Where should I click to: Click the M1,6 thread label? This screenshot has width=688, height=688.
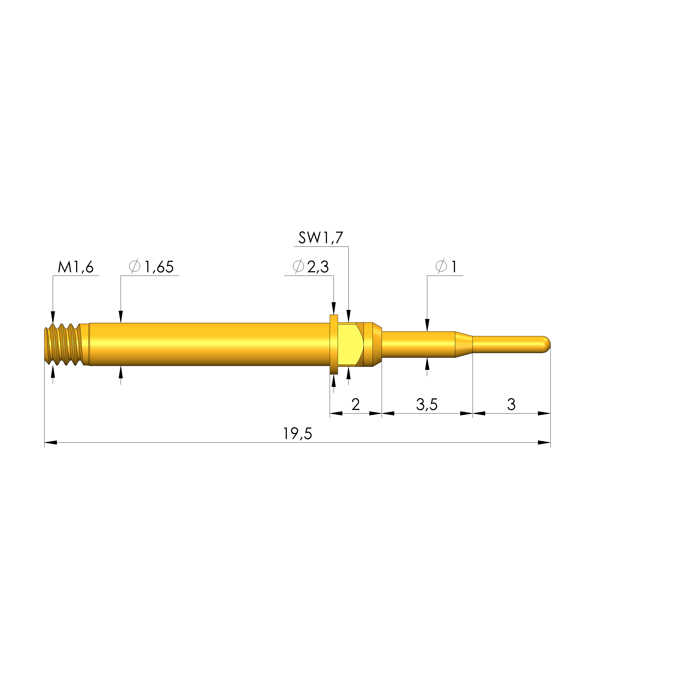76,267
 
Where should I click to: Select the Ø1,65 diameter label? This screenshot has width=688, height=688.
151,267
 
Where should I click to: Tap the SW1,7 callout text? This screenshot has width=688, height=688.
320,238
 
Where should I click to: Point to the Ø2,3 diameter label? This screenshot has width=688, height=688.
310,267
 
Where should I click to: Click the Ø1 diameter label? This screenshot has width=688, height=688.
446,267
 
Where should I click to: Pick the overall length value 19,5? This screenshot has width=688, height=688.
297,434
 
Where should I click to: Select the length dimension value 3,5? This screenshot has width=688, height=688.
427,404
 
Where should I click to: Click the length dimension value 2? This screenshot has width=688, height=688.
355,404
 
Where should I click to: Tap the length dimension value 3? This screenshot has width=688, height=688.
511,404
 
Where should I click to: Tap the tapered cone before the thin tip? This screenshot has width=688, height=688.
464,344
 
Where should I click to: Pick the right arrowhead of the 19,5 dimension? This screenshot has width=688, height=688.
544,443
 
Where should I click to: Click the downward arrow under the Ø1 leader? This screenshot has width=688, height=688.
427,325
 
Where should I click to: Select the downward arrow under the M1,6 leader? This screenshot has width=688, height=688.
53,317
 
